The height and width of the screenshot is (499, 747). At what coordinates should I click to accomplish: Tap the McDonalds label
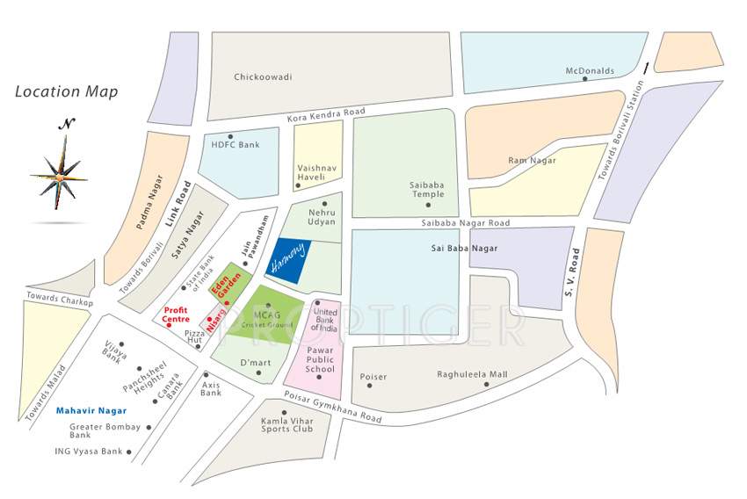click(590, 70)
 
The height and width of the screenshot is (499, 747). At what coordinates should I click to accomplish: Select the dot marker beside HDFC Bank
click(230, 136)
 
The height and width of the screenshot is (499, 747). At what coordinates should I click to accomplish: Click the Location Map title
click(67, 91)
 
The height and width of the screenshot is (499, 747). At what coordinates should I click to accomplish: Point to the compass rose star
click(59, 176)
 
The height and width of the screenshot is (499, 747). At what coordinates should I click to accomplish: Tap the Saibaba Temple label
click(427, 189)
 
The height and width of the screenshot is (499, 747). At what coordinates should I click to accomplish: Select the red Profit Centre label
click(182, 314)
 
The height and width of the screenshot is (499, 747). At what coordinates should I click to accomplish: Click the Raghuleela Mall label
click(472, 374)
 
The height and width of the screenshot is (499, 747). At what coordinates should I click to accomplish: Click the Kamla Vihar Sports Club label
click(286, 425)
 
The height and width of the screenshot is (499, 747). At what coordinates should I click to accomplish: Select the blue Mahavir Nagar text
click(91, 410)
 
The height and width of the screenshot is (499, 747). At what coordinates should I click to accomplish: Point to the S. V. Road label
click(574, 272)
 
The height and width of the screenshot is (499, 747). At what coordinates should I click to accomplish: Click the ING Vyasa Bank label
click(86, 452)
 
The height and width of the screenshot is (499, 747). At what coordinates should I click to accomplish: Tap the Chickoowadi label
click(263, 76)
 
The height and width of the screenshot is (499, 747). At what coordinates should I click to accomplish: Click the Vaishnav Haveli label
click(317, 170)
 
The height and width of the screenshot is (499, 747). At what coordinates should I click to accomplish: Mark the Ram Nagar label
click(527, 160)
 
